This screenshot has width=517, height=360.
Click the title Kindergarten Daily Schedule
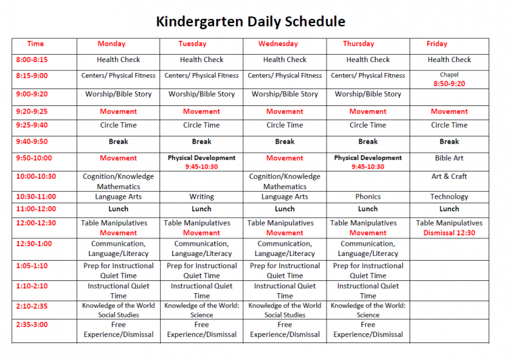(x=251, y=21)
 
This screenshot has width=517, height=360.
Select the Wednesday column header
(x=278, y=44)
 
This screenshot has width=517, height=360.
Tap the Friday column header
(x=437, y=44)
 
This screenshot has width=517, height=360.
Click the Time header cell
(x=35, y=44)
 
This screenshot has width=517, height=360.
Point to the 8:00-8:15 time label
(x=32, y=59)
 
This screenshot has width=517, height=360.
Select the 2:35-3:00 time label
(x=32, y=324)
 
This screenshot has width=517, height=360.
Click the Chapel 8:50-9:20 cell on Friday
(x=449, y=80)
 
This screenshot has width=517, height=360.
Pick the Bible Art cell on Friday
(x=449, y=158)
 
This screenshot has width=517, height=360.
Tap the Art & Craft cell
(x=449, y=176)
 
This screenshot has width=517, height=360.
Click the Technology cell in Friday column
(x=449, y=197)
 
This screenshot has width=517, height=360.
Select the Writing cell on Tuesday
(x=201, y=197)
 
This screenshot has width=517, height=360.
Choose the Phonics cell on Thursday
(x=368, y=197)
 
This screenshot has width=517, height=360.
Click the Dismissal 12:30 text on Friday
(x=449, y=233)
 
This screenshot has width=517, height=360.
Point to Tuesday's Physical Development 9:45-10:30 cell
(x=201, y=162)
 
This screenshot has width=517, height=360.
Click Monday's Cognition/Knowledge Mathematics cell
(x=118, y=181)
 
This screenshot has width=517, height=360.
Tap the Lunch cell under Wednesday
(x=285, y=209)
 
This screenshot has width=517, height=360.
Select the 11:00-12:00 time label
(x=36, y=209)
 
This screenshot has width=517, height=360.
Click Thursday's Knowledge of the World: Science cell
(x=368, y=310)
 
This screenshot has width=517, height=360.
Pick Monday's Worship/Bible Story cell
(x=118, y=95)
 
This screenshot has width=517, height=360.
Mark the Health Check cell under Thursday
(x=368, y=59)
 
